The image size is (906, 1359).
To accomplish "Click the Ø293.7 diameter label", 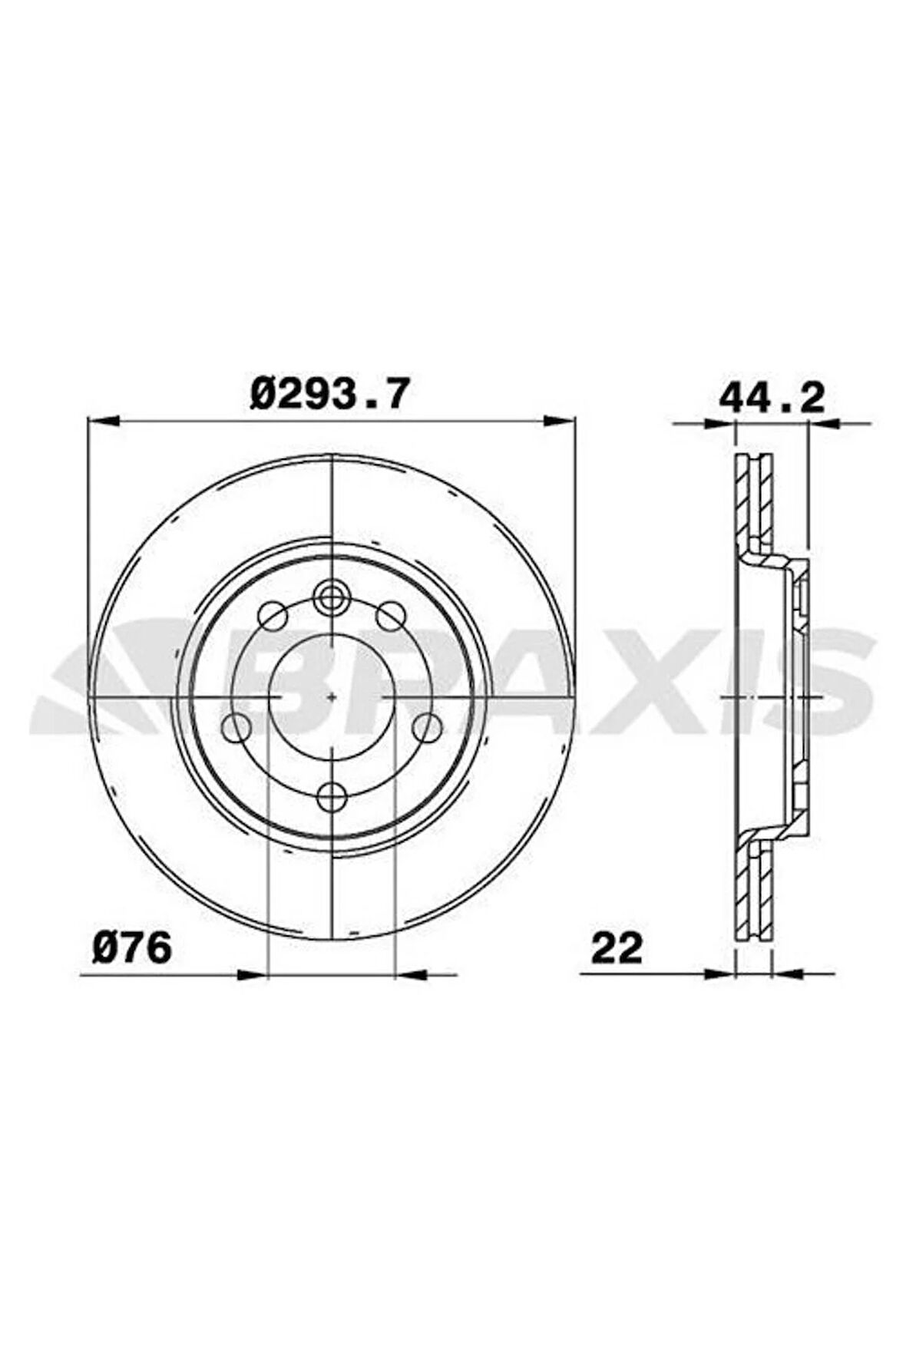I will (326, 394).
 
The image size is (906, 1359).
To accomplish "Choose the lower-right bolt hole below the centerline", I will (427, 726).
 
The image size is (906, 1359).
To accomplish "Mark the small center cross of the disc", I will (331, 696).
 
